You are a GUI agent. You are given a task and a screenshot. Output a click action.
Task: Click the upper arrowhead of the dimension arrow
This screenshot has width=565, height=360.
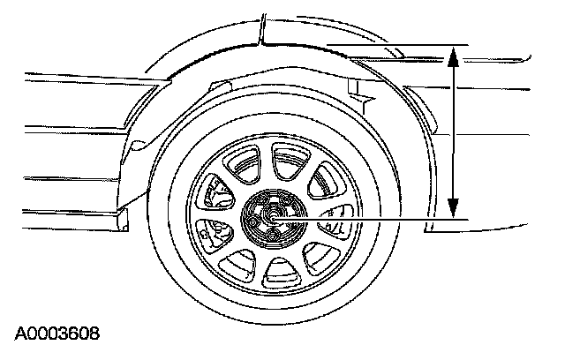pos(453,56)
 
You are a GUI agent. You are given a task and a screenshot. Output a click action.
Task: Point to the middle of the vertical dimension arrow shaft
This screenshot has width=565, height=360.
pos(453,132)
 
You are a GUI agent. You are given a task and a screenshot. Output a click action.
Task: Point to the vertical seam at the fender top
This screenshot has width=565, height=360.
pos(262,26)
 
